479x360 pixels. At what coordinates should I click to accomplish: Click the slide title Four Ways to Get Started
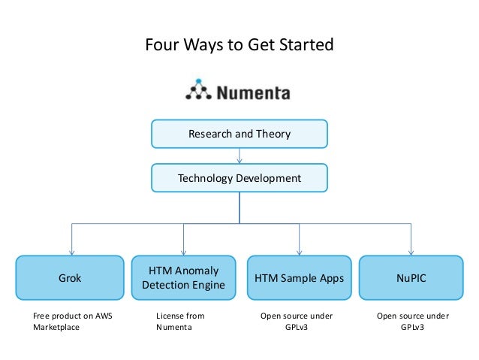239,45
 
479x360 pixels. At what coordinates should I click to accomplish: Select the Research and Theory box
239,134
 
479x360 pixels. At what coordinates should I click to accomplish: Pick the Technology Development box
239,178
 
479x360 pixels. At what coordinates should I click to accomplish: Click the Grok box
71,278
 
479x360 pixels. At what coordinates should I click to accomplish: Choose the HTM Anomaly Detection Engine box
185,278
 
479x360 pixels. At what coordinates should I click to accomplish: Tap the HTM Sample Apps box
299,278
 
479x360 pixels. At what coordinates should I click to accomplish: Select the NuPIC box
411,278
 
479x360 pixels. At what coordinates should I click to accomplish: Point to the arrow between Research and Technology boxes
239,156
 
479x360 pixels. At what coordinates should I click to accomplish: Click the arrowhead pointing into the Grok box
71,252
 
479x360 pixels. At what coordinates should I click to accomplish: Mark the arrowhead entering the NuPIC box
411,252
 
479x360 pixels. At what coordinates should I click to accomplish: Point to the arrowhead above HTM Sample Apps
299,252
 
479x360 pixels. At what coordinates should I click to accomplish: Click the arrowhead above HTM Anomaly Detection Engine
185,252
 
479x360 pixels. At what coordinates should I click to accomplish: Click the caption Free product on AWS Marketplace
72,322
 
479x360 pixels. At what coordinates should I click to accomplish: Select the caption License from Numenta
179,322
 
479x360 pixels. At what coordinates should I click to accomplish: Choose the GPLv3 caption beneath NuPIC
412,328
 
